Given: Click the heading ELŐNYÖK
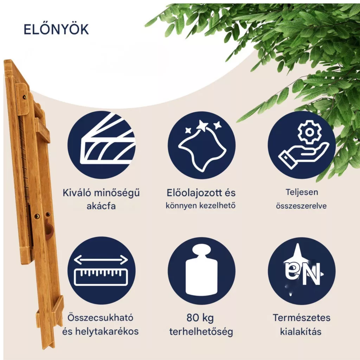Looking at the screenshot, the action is (x=56, y=29).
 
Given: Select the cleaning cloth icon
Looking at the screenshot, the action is (x=202, y=146).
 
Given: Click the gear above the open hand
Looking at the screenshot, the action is (x=309, y=132).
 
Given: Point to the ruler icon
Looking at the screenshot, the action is (x=101, y=277).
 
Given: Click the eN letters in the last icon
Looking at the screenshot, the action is (x=303, y=273).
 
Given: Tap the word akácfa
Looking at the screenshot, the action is (x=101, y=206).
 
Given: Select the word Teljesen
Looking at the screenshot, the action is (x=302, y=192).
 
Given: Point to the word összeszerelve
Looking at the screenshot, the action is (x=301, y=206).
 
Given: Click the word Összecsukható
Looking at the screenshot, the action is (x=100, y=318).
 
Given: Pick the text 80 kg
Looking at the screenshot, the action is (x=200, y=318).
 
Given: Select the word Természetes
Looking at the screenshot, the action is (x=301, y=318).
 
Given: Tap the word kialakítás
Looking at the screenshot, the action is (x=301, y=332).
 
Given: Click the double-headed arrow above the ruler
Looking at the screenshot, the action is (x=101, y=260).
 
